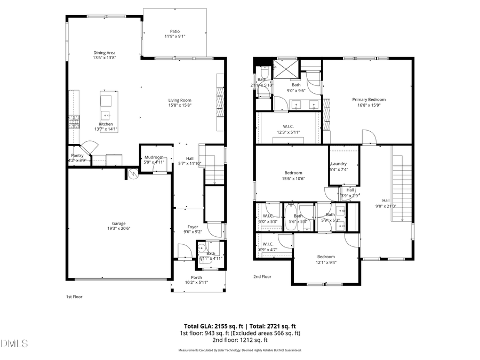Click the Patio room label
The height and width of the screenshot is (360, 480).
(x=175, y=31)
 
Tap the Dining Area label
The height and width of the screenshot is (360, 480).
(x=105, y=53)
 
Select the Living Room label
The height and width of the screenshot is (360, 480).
(x=180, y=100)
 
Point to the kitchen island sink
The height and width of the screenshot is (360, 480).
(x=107, y=114)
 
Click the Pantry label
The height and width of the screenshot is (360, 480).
(x=77, y=155)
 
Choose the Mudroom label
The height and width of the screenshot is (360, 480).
(x=154, y=157)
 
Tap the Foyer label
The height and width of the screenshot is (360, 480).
(x=193, y=227)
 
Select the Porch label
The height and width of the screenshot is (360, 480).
(x=197, y=277)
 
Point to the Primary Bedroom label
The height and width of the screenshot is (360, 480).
(x=369, y=99)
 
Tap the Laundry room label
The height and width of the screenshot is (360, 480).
(x=339, y=164)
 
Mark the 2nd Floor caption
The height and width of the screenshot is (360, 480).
(x=262, y=277)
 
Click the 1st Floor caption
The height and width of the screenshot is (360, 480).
(x=74, y=297)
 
